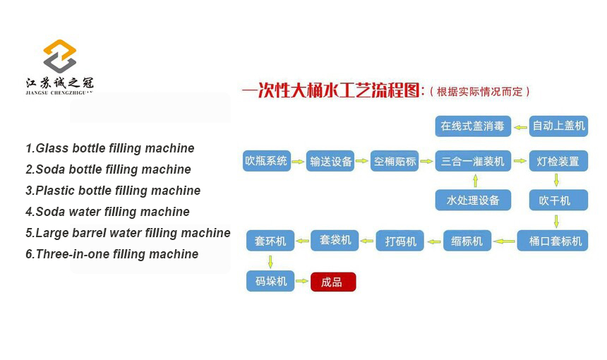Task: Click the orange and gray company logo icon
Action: tap(59, 56)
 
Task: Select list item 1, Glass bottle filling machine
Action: tap(110, 148)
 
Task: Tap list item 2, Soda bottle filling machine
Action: tap(109, 169)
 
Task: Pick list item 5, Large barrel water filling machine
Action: tap(128, 233)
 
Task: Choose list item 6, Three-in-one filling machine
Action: tap(112, 254)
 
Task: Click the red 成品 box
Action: tap(333, 282)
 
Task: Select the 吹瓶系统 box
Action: tap(266, 161)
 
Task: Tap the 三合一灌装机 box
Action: tap(473, 161)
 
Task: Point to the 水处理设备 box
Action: tap(473, 200)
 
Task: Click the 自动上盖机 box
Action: tap(558, 126)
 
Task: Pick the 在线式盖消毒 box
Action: tap(473, 126)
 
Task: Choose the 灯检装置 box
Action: tap(558, 161)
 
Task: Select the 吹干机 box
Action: tap(558, 200)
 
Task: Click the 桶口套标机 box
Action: tap(553, 241)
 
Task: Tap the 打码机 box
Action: tap(399, 241)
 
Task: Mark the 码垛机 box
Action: tap(270, 281)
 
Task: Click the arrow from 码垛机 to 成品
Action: tap(302, 281)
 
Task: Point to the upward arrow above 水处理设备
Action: tap(476, 181)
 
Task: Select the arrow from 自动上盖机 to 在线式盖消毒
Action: tap(520, 127)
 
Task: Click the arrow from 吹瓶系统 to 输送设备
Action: tap(298, 162)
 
